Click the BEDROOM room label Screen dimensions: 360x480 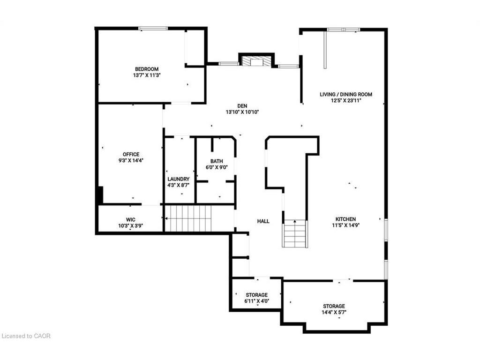point(147,68)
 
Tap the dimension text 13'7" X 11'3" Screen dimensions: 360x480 point(147,75)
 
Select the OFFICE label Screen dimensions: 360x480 point(131,154)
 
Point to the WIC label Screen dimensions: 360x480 point(130,219)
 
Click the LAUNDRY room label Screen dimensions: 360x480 point(179,179)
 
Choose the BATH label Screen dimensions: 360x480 point(216,161)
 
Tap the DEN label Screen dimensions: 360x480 point(242,106)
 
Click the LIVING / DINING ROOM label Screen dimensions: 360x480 point(346,94)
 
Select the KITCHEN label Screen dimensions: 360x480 point(345,219)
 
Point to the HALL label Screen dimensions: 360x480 point(263,221)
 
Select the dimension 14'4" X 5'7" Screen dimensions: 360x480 point(334,312)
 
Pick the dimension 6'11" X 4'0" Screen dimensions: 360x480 point(256,301)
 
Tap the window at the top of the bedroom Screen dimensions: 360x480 point(153,29)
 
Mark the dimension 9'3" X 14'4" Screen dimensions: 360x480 point(131,160)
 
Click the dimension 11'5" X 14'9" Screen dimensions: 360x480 point(345,225)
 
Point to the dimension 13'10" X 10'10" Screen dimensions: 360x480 point(242,112)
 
